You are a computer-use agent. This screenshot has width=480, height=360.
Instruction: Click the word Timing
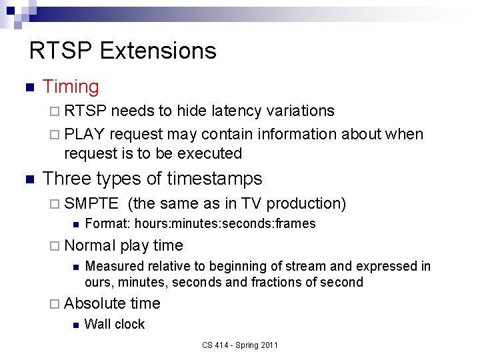(x=71, y=87)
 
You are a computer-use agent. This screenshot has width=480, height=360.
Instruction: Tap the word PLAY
(x=85, y=134)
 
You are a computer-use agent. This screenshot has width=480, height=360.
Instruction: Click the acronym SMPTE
(x=91, y=203)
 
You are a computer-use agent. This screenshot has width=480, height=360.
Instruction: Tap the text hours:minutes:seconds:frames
(x=220, y=223)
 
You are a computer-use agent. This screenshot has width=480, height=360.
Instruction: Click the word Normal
(x=90, y=245)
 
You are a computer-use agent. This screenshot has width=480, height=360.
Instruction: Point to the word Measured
(x=113, y=266)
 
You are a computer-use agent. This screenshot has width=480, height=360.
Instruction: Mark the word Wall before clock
(x=97, y=324)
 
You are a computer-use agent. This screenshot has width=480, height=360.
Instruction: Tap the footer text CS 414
(x=215, y=345)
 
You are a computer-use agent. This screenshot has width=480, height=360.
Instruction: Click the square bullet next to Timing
(x=28, y=87)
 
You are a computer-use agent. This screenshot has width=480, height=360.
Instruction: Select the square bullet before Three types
(x=28, y=179)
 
